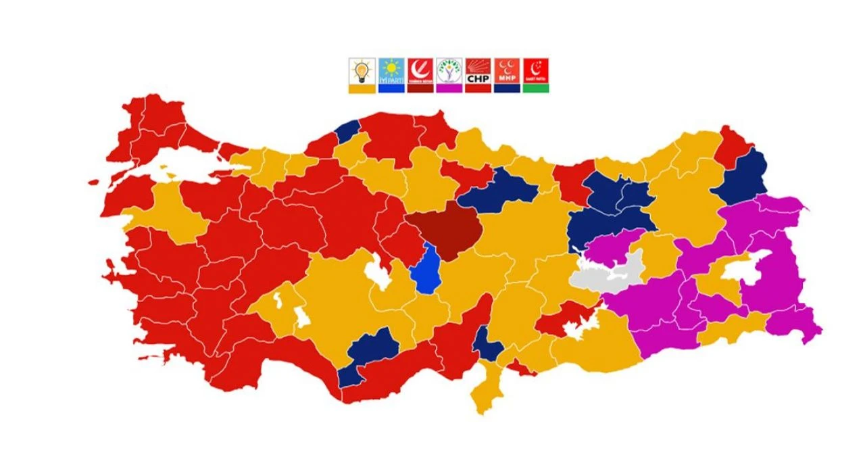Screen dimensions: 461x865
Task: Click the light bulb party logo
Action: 362,70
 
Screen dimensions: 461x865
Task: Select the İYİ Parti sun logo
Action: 391,70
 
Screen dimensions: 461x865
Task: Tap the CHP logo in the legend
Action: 478,70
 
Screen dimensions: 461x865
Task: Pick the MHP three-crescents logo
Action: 507,70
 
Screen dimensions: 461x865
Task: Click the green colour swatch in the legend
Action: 536,89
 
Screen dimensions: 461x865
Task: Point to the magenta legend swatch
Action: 449,89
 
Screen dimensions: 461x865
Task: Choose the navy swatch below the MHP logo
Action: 507,89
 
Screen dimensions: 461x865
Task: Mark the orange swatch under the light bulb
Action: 362,89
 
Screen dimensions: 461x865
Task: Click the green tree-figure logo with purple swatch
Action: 449,70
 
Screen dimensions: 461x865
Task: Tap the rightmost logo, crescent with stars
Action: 536,70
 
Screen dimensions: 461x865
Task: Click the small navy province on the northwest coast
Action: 347,131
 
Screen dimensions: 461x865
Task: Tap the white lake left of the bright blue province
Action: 376,273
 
